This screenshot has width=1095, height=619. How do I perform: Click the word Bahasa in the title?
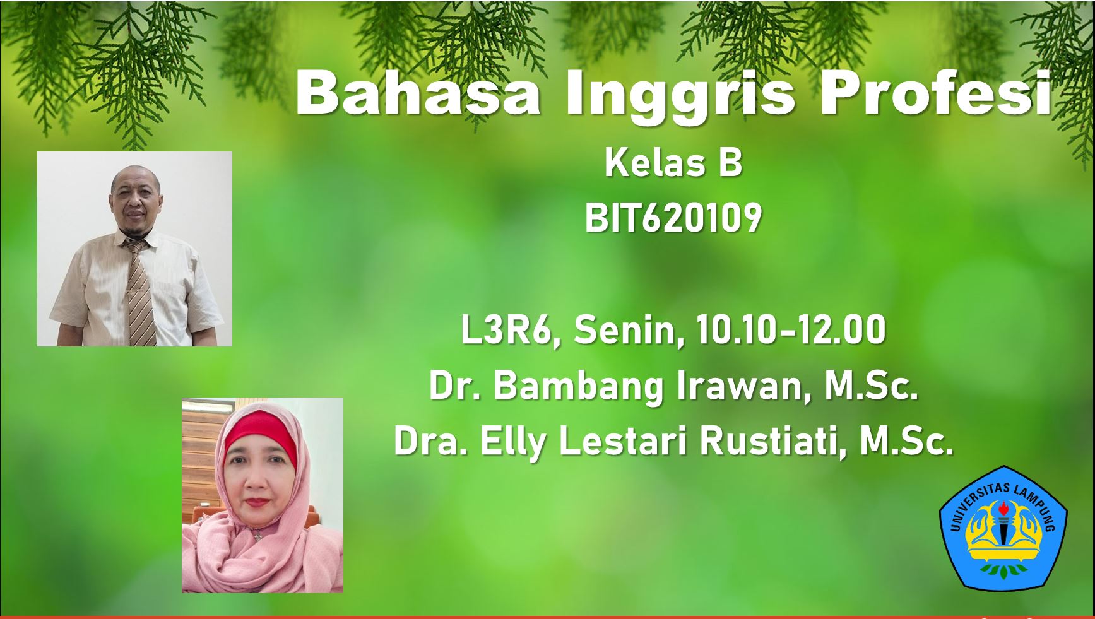(x=417, y=93)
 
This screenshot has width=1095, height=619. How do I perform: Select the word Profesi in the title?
(x=935, y=93)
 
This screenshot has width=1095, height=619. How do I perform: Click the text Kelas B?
(x=673, y=163)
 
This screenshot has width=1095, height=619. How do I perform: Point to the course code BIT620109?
(x=673, y=219)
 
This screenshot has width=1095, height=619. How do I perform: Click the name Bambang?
(x=579, y=387)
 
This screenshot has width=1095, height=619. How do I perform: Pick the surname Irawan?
(x=744, y=386)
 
